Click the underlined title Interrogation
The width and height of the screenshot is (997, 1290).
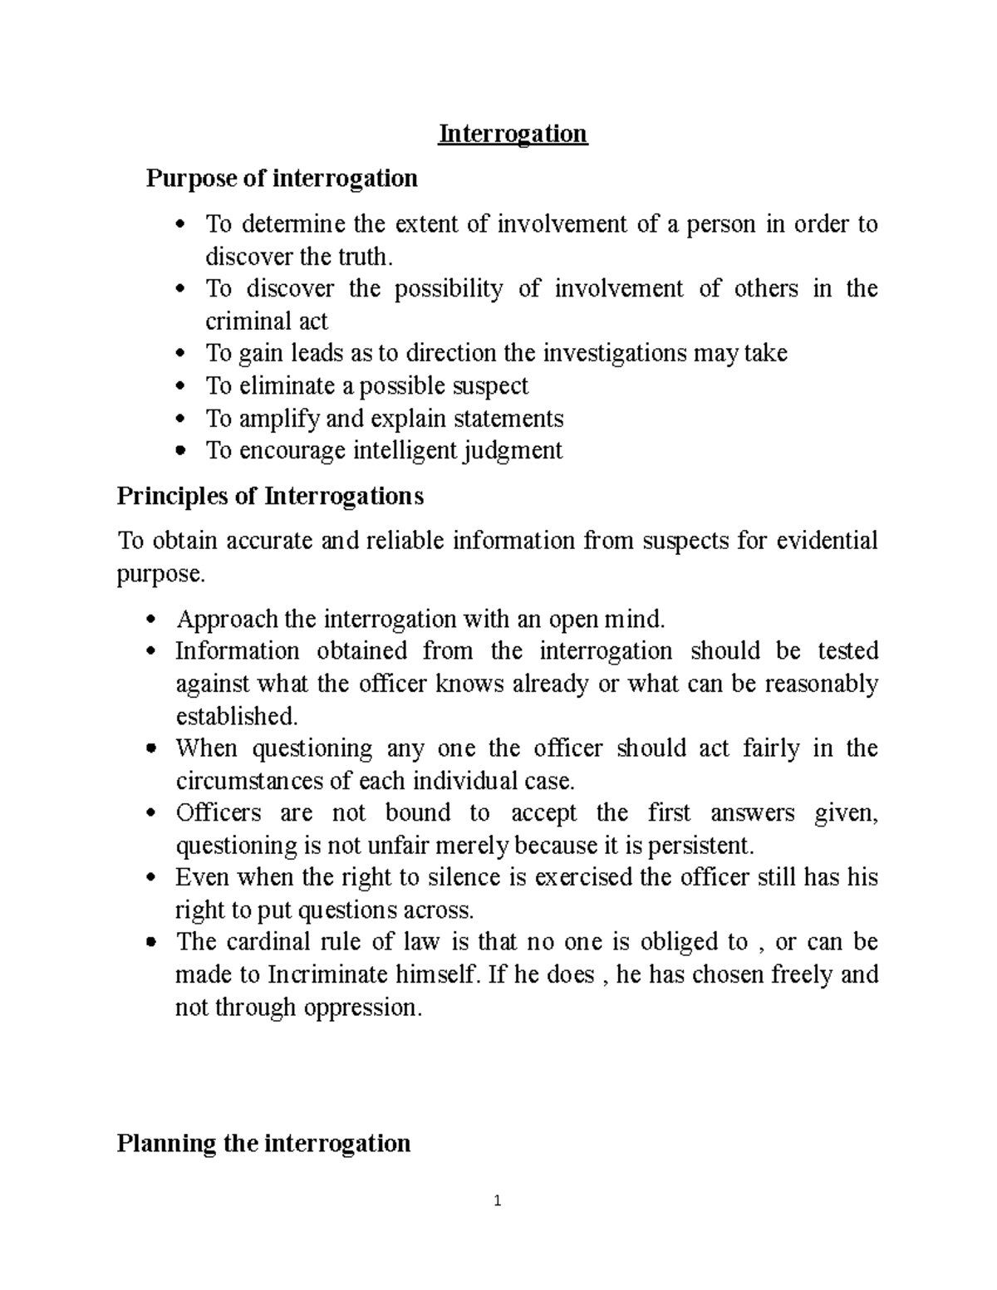click(x=513, y=134)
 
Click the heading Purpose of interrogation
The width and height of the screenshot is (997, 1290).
click(x=282, y=179)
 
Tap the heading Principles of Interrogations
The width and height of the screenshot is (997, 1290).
click(x=270, y=497)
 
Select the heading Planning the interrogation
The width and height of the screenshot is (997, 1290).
click(x=263, y=1144)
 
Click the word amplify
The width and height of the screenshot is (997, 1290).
click(x=279, y=419)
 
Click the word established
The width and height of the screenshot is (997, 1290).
click(x=235, y=716)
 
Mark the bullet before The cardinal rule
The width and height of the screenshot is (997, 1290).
click(x=151, y=943)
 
